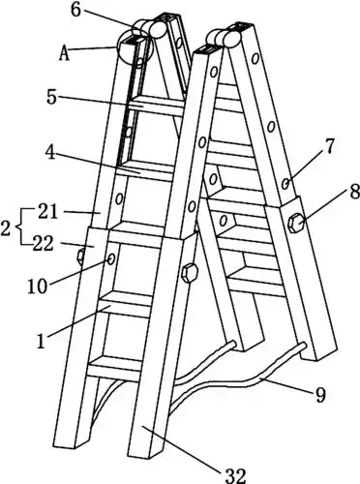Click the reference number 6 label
76,10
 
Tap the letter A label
64,53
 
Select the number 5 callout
52,97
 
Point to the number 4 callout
51,152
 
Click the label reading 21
48,213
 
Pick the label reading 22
44,244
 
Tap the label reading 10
38,286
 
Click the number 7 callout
328,147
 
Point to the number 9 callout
320,394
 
